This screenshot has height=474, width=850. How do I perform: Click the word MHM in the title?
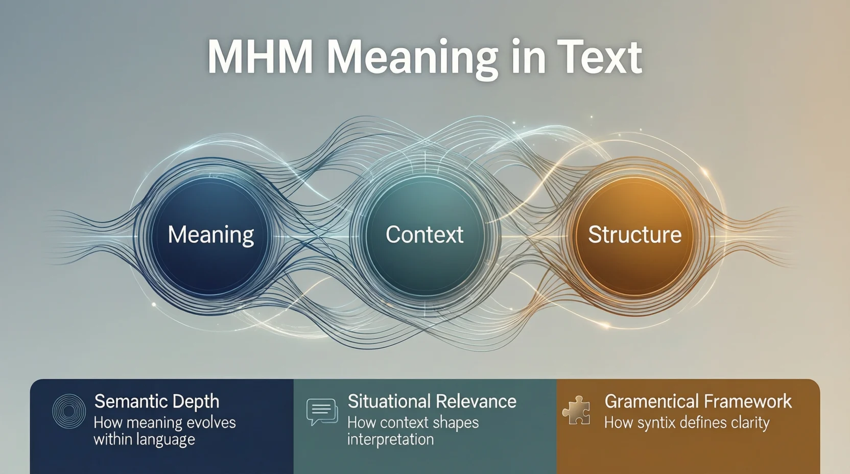click(259, 57)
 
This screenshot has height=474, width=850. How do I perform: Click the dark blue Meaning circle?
click(210, 235)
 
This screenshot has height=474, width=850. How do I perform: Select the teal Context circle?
click(424, 235)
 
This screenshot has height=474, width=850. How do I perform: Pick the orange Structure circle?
click(634, 235)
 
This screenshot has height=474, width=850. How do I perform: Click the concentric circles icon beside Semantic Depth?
click(69, 411)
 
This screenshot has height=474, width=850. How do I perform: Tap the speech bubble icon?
click(322, 412)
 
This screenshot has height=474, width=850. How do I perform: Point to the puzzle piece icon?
click(576, 410)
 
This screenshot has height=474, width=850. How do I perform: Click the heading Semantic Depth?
click(157, 401)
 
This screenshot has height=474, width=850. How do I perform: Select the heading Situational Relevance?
click(432, 401)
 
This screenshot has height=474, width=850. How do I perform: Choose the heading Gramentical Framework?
click(698, 401)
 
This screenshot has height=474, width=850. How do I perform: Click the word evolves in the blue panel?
click(210, 423)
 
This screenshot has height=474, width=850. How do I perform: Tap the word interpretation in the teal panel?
click(390, 439)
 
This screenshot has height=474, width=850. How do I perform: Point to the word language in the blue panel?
click(168, 440)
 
